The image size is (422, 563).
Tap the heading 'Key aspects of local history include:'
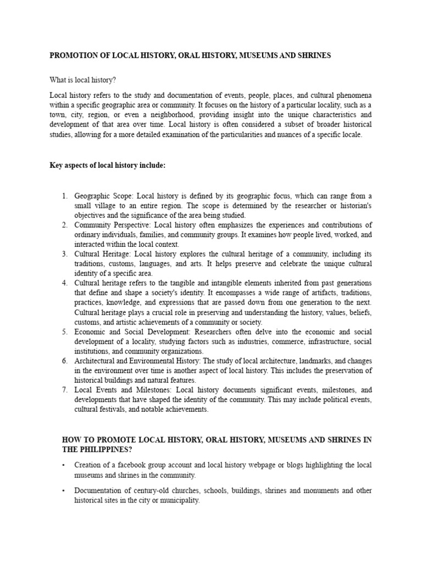click(107, 166)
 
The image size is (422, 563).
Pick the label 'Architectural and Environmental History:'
click(138, 361)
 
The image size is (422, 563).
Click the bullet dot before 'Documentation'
click(64, 490)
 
